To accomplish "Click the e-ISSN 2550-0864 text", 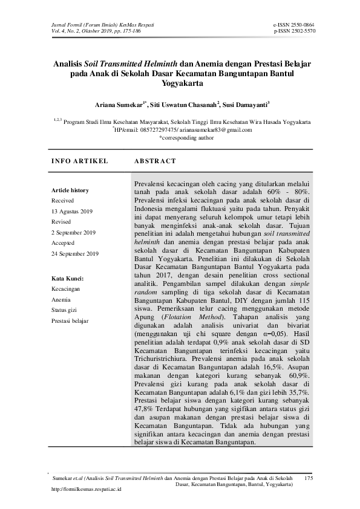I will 294,25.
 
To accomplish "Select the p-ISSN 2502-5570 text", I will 294,31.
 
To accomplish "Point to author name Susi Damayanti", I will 246,104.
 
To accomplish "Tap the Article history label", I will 70,190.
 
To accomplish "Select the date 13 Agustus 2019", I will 72,211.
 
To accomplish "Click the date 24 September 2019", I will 75,254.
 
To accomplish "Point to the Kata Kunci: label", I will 67,279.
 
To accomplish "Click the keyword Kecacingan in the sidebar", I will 66,290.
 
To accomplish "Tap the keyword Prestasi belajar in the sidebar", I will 70,320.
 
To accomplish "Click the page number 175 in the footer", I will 310,478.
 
